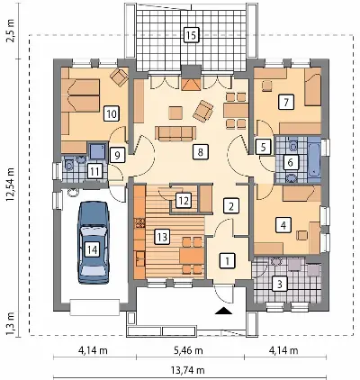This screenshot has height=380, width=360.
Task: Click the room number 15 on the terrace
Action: (x=191, y=35)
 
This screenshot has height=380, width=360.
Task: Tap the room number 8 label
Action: (x=200, y=151)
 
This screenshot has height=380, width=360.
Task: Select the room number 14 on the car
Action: (x=92, y=249)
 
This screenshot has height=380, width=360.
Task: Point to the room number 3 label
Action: (x=279, y=284)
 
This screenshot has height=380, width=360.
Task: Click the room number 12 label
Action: (x=184, y=200)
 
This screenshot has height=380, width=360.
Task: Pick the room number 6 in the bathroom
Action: (x=290, y=162)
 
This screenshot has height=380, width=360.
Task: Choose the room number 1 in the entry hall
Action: (x=228, y=260)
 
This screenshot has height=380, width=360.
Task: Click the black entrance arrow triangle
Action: (x=223, y=312)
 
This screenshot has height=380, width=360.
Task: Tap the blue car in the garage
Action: (x=94, y=242)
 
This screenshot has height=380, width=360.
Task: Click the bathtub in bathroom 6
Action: (x=314, y=160)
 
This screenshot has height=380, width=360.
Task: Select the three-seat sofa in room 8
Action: (x=175, y=133)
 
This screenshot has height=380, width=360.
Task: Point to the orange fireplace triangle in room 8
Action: (x=191, y=85)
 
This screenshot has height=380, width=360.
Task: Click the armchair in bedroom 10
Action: (x=119, y=77)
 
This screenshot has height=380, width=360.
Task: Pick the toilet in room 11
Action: (x=67, y=165)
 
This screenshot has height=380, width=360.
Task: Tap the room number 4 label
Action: (x=283, y=225)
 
